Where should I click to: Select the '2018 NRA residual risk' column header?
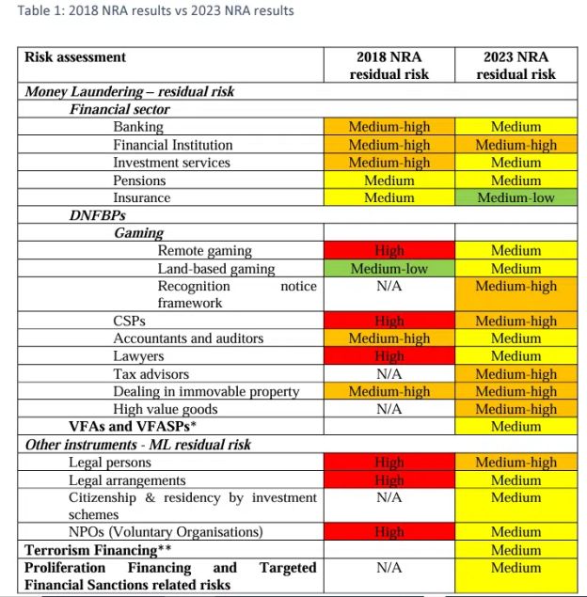(x=389, y=65)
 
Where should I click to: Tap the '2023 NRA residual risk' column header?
(x=516, y=65)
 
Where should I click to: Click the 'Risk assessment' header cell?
(x=75, y=56)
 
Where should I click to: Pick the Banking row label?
(x=138, y=127)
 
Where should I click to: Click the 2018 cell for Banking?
(x=389, y=127)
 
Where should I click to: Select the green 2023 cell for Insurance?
(x=516, y=198)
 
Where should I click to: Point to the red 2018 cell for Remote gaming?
(x=389, y=251)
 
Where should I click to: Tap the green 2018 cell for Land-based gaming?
(x=389, y=269)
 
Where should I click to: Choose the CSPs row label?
(x=130, y=321)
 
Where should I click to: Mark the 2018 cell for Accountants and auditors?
(x=389, y=338)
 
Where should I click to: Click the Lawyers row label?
(x=138, y=356)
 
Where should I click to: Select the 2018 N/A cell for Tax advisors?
(x=389, y=374)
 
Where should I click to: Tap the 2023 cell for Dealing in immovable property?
(x=516, y=392)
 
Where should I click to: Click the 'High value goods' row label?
(x=165, y=409)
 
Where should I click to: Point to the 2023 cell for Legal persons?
(x=516, y=463)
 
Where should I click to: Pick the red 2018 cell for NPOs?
(x=389, y=532)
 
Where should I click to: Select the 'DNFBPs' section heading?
(x=97, y=215)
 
